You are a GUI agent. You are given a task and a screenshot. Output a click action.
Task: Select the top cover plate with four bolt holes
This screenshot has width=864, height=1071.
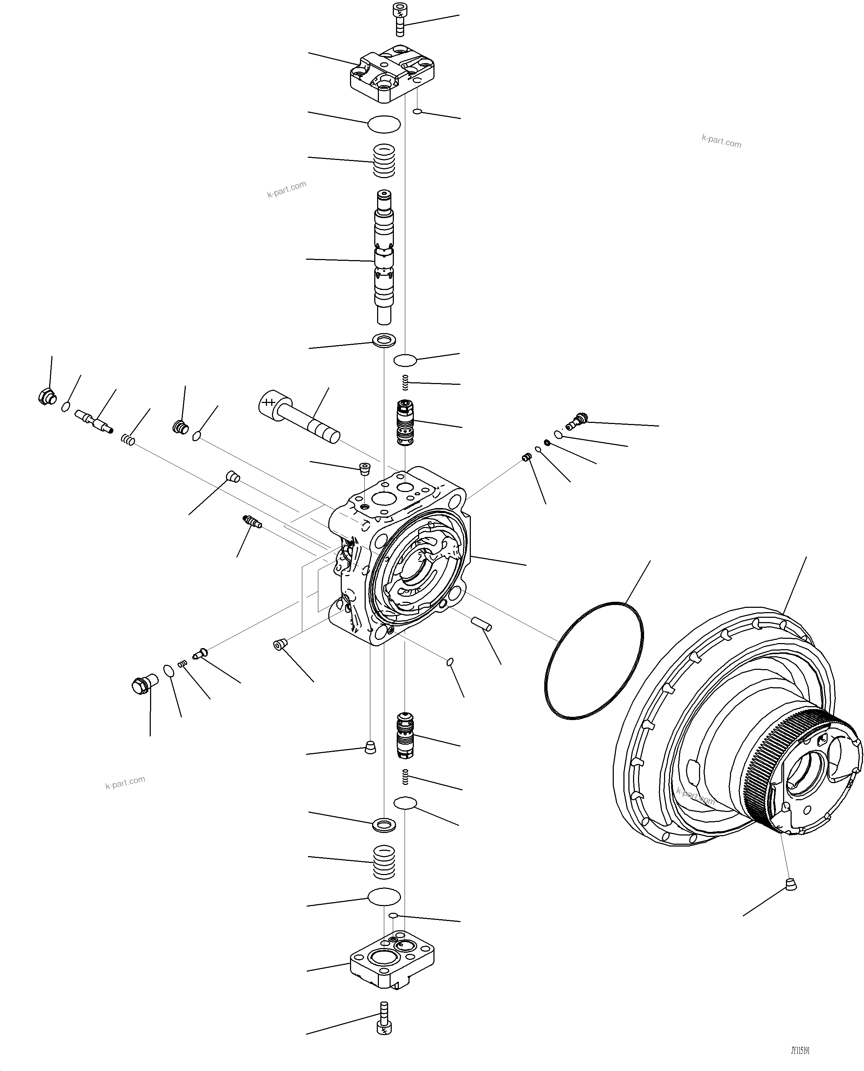(392, 74)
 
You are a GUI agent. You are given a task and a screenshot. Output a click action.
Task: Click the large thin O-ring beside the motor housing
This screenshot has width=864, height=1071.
(594, 661)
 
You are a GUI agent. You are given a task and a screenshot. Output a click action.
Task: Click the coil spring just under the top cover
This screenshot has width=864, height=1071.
(384, 160)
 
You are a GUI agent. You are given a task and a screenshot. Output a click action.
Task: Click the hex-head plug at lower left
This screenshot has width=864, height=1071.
(143, 684)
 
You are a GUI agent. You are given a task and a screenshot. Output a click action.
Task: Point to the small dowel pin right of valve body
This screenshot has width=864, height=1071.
(481, 623)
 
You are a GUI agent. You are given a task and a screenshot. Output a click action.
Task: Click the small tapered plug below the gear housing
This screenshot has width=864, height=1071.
(790, 884)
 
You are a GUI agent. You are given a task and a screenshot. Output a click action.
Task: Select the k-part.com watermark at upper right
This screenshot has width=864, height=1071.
(721, 141)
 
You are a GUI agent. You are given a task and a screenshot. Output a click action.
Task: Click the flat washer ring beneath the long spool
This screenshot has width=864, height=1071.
(384, 341)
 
